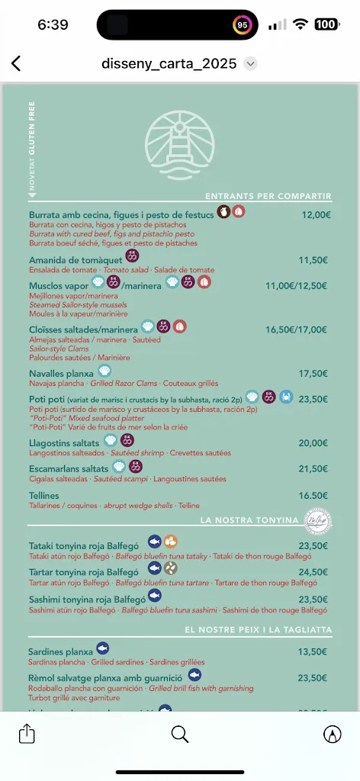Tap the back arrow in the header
[16, 63]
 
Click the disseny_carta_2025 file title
[169, 63]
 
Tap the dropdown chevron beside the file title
[251, 63]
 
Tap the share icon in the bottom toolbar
[27, 734]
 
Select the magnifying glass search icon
[180, 734]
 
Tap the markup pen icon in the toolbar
[332, 734]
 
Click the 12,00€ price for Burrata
[316, 215]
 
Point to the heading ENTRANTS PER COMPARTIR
[268, 196]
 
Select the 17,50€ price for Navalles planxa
[313, 374]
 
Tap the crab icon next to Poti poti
[286, 397]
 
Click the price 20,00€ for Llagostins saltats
[313, 443]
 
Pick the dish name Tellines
[44, 496]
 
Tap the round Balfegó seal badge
[316, 521]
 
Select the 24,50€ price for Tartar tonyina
[313, 572]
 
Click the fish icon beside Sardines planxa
[102, 649]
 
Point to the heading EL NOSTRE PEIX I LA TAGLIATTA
[258, 630]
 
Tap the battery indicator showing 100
[326, 24]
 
